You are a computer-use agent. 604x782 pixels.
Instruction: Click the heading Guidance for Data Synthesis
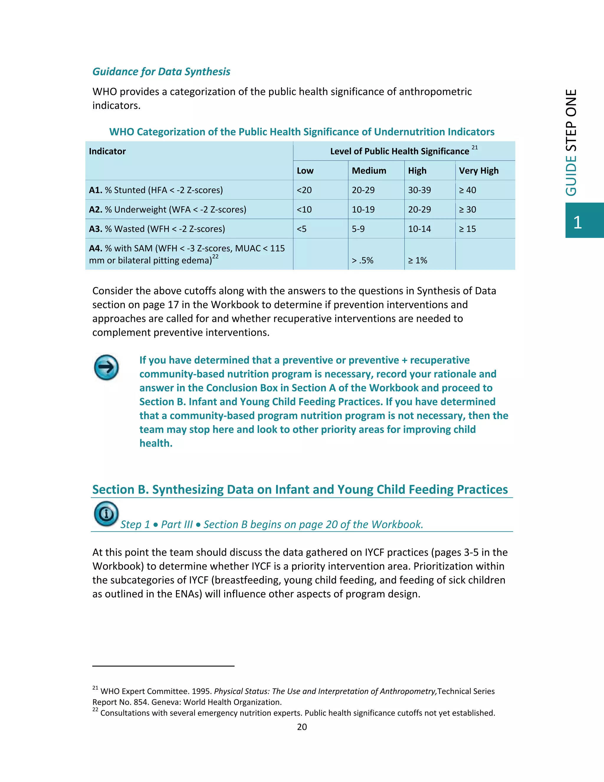[x=161, y=72]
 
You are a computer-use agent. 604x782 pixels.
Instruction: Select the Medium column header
[x=369, y=171]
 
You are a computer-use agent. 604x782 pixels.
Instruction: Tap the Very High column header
[x=478, y=171]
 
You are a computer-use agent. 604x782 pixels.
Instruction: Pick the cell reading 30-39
[x=419, y=190]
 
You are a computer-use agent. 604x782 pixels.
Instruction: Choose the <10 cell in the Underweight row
[x=304, y=210]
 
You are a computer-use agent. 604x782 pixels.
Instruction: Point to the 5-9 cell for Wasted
[x=358, y=229]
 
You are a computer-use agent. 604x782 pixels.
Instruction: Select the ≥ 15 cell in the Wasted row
[x=467, y=229]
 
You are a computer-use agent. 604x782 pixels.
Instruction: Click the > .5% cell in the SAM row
[x=362, y=260]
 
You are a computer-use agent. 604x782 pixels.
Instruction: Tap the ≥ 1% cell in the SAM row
[x=418, y=260]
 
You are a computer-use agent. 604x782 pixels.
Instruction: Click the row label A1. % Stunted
[x=156, y=190]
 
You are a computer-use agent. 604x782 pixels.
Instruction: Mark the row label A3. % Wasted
[x=157, y=229]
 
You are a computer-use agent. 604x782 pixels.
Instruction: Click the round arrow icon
[x=106, y=367]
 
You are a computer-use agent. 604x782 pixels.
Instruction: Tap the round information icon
[x=106, y=514]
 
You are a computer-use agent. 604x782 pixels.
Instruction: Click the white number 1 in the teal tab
[x=577, y=223]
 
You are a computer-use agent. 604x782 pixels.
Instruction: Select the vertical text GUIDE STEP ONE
[x=572, y=143]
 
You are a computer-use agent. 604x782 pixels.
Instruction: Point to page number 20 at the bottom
[x=302, y=727]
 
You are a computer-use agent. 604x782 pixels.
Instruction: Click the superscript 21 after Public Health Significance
[x=475, y=148]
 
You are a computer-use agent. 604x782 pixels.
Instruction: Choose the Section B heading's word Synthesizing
[x=188, y=490]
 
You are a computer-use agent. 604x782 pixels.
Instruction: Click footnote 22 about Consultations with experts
[x=297, y=713]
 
